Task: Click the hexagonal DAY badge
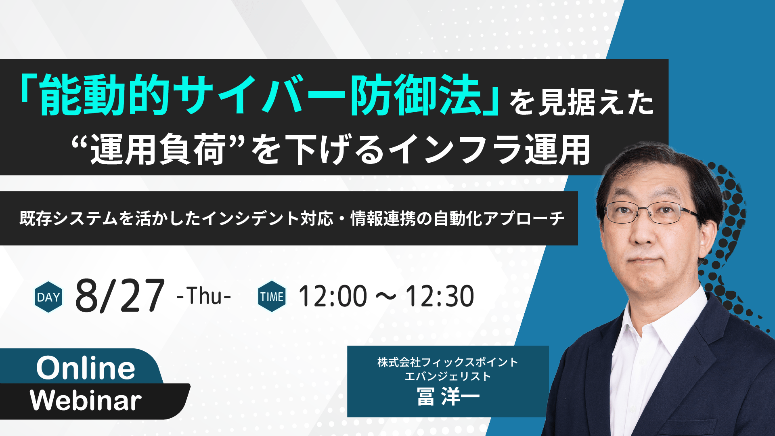pos(48,297)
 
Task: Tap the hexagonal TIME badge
pos(272,297)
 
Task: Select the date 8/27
pos(120,296)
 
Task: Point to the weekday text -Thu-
pos(204,296)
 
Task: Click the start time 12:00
pos(333,296)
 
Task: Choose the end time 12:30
pos(440,296)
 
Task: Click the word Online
pos(86,368)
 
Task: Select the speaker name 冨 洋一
pos(448,396)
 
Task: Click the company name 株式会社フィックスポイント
pos(448,362)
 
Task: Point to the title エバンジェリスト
pos(448,376)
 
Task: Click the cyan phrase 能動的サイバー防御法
pos(260,95)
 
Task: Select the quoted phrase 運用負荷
pos(158,150)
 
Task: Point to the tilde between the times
pos(386,298)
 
